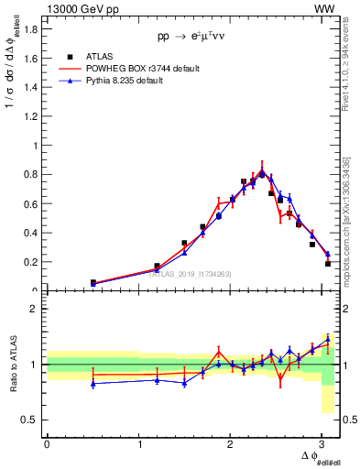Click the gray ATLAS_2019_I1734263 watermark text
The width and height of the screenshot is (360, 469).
[x=191, y=272]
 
